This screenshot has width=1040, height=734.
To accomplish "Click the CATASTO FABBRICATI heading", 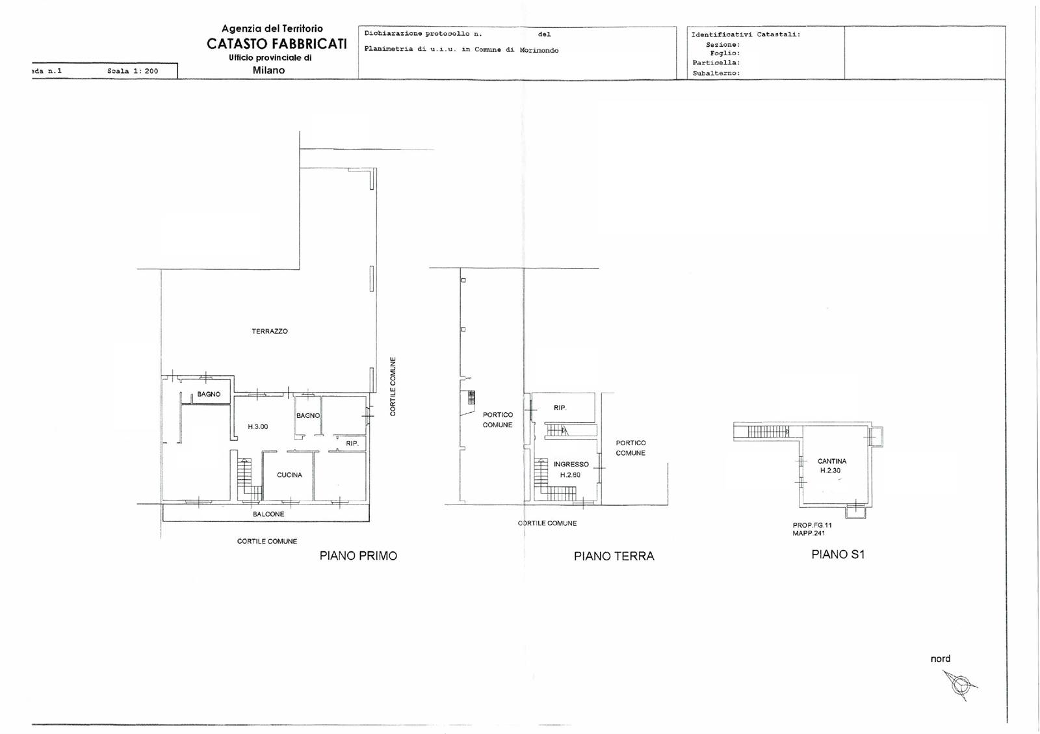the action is pyautogui.click(x=277, y=44).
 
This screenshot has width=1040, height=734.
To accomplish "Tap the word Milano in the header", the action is pyautogui.click(x=269, y=70).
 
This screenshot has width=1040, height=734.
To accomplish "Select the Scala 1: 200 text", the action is pyautogui.click(x=133, y=71).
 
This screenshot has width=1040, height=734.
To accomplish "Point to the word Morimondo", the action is pyautogui.click(x=539, y=50).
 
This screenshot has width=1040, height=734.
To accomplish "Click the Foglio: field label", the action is pyautogui.click(x=725, y=53).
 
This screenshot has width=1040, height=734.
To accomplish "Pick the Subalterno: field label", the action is pyautogui.click(x=716, y=73).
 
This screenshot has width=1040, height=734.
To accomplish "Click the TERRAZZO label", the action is pyautogui.click(x=270, y=331).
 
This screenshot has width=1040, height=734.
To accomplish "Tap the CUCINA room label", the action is pyautogui.click(x=289, y=475).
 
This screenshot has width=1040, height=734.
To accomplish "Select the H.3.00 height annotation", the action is pyautogui.click(x=257, y=426).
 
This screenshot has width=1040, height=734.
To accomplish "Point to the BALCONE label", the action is pyautogui.click(x=269, y=514).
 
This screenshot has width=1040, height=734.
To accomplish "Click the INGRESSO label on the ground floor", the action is pyautogui.click(x=571, y=464).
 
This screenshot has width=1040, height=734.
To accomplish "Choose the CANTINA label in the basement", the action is pyautogui.click(x=832, y=461).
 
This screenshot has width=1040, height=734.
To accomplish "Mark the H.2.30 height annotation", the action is pyautogui.click(x=830, y=470).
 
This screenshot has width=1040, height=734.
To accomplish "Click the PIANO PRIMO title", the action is pyautogui.click(x=358, y=556).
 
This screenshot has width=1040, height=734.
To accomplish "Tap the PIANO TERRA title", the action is pyautogui.click(x=614, y=556).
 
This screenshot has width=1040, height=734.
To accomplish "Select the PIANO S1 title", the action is pyautogui.click(x=838, y=555).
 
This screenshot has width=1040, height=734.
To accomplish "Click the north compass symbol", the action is pyautogui.click(x=960, y=685).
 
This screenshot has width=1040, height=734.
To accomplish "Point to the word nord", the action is pyautogui.click(x=941, y=659).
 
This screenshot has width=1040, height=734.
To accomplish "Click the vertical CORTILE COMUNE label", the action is pyautogui.click(x=393, y=386).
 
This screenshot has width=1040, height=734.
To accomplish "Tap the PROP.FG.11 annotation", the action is pyautogui.click(x=812, y=525).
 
